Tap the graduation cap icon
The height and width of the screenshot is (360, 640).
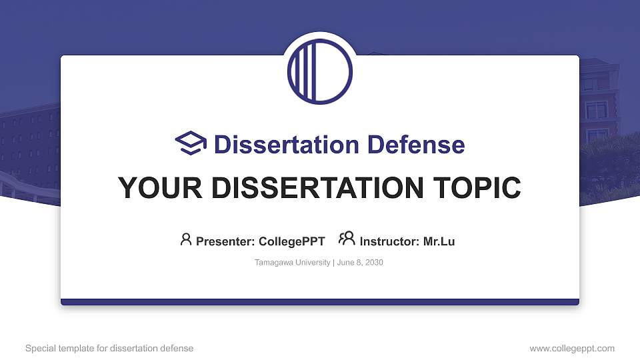tap(191, 144)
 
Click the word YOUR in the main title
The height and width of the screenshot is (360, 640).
tap(151, 188)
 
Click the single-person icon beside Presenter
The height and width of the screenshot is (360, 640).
tap(186, 239)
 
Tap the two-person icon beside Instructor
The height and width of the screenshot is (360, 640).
tap(347, 239)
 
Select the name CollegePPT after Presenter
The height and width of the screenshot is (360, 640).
tap(291, 241)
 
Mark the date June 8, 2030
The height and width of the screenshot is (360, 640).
tap(361, 263)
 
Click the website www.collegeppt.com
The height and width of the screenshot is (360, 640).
tap(572, 349)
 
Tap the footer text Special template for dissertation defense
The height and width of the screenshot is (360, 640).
tap(109, 349)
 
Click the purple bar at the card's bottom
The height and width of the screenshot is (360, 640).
tap(320, 302)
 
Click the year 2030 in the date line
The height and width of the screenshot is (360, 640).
tap(373, 263)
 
